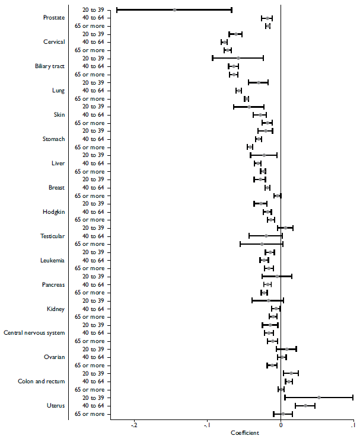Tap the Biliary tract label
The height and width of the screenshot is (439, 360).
click(50, 66)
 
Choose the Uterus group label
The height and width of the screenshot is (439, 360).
click(55, 406)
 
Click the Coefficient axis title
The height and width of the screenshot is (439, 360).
click(244, 433)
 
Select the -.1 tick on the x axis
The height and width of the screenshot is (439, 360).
click(207, 425)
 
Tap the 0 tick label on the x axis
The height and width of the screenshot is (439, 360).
click(281, 425)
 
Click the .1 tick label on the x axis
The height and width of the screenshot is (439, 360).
click(353, 425)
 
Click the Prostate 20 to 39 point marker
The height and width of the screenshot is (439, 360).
click(174, 9)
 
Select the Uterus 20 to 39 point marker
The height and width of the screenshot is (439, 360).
click(319, 398)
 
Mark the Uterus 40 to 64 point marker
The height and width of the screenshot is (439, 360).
click(305, 406)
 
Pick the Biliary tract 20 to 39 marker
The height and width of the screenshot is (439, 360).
click(238, 58)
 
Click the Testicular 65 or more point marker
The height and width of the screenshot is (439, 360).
click(262, 244)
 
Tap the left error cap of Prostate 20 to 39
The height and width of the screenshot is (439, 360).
click(117, 9)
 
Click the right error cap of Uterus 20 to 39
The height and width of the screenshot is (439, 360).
click(353, 398)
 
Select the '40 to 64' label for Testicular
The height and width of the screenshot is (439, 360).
click(93, 236)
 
